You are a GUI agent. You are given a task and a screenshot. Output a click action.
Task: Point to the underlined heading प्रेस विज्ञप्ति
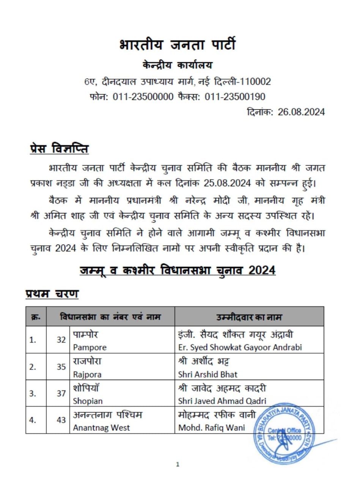[59, 148]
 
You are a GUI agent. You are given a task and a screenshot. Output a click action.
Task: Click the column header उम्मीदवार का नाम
[249, 317]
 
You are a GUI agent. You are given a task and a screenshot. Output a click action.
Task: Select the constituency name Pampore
[90, 347]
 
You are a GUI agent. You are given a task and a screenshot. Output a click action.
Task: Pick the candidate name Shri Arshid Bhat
[208, 374]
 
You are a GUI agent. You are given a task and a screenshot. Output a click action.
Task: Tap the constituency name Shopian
[88, 401]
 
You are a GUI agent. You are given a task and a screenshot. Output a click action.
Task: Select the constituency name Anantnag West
[101, 428]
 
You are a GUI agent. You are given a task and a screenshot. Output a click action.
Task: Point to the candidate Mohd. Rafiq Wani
[211, 428]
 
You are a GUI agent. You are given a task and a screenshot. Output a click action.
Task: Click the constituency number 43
[61, 420]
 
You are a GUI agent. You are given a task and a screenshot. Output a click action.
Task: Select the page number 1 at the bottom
[178, 464]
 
